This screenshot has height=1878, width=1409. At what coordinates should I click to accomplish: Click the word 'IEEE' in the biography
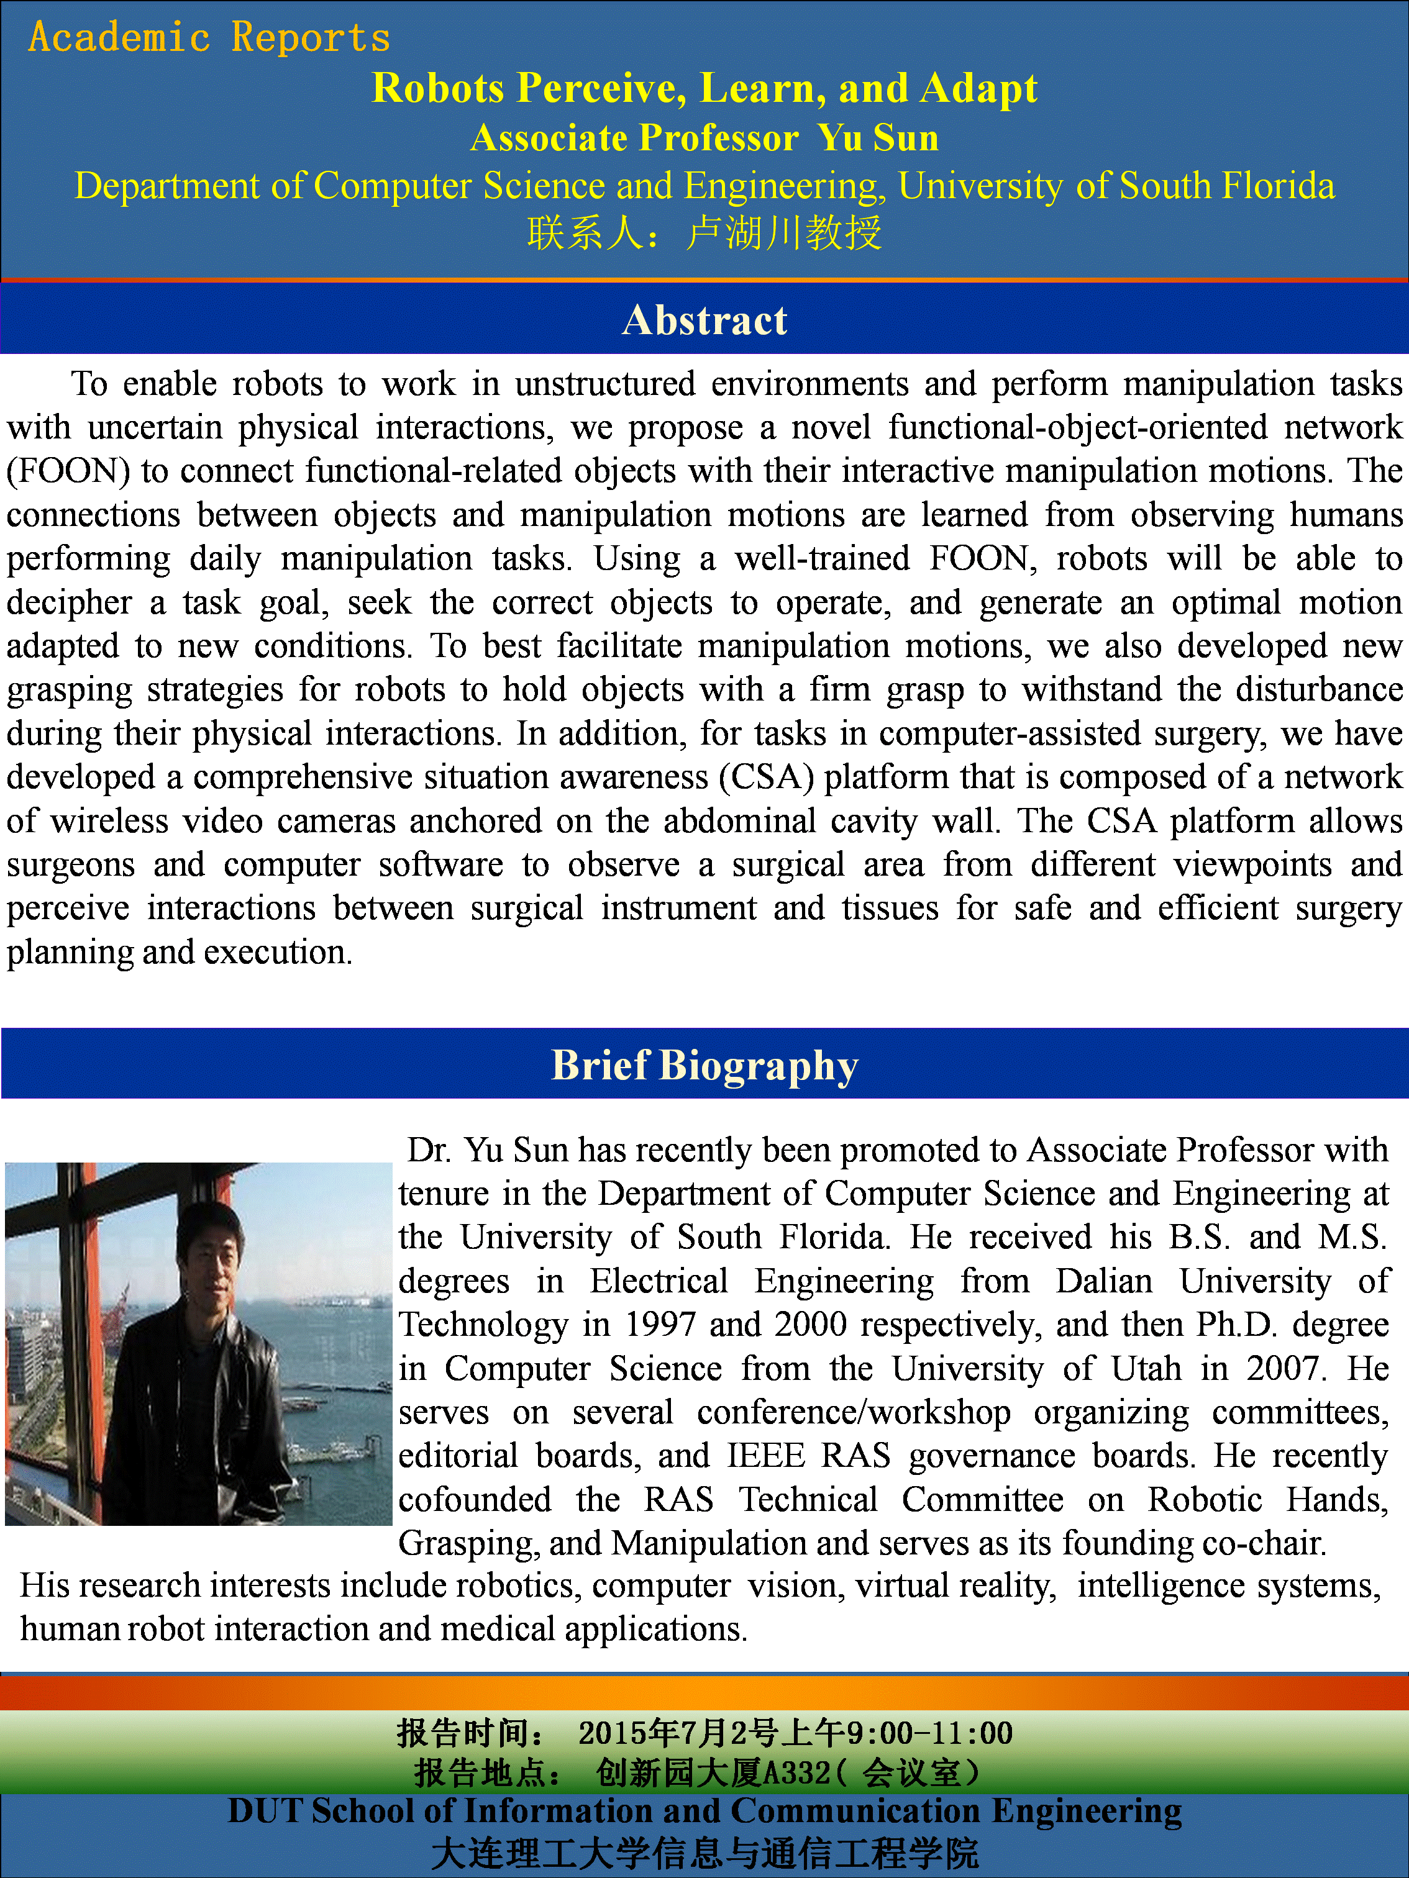765,1456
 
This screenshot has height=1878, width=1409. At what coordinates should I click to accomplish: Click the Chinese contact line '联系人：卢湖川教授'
704,233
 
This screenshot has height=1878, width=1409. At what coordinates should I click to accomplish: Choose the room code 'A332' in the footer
796,1772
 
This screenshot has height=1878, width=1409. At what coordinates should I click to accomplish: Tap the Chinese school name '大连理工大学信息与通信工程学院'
704,1853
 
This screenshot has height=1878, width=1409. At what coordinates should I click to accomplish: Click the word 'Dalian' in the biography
1103,1281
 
